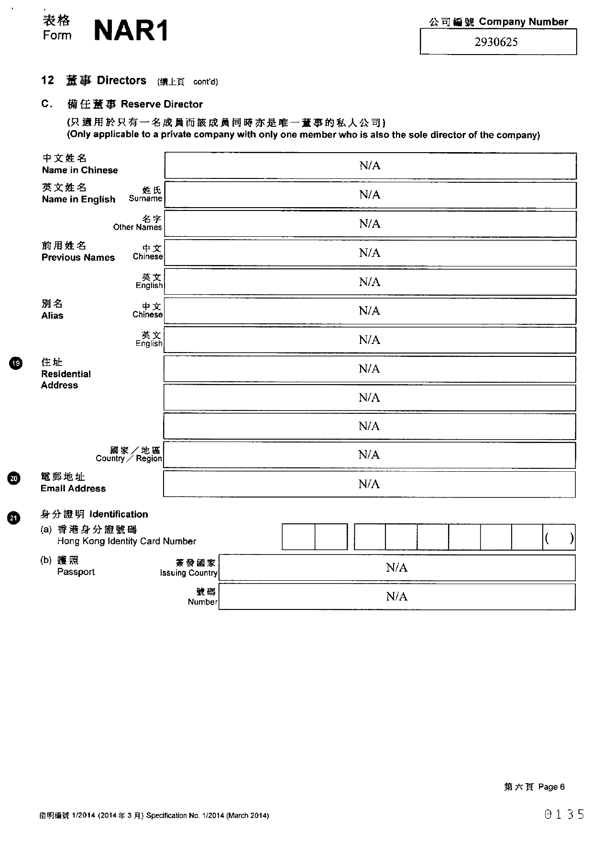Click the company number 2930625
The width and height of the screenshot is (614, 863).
tap(496, 42)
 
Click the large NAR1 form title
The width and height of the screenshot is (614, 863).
tap(131, 31)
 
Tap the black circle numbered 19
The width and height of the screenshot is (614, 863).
tap(16, 364)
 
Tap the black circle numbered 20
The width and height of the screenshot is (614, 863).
tap(14, 478)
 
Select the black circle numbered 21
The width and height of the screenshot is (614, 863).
tap(14, 518)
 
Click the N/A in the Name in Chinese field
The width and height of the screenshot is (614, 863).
tap(370, 166)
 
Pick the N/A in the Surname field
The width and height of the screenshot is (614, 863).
tap(370, 195)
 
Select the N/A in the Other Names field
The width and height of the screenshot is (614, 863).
tap(370, 224)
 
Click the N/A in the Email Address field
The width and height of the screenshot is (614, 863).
tap(369, 484)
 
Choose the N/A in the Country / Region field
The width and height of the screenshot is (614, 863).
tap(369, 455)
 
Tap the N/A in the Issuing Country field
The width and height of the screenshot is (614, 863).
tap(396, 568)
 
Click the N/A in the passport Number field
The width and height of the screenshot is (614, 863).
tap(396, 597)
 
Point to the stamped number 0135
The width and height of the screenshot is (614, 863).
tap(564, 814)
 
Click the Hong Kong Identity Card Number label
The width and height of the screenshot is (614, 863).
tap(126, 541)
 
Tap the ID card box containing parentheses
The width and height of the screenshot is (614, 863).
tap(559, 537)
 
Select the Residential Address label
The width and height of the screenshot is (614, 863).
tap(66, 379)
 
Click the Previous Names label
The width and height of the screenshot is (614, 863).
tap(78, 257)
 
